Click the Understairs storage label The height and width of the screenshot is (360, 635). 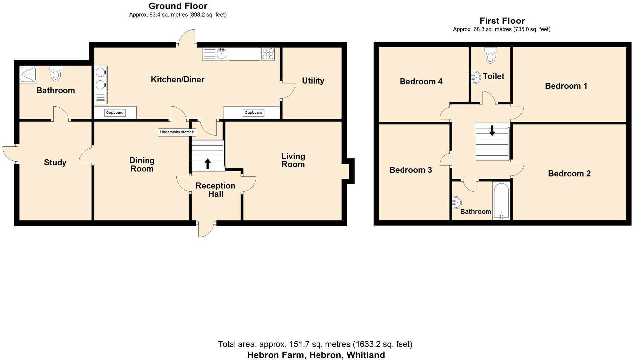[177, 132]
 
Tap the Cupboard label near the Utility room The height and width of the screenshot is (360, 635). [253, 112]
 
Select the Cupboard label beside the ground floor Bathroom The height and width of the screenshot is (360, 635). [115, 112]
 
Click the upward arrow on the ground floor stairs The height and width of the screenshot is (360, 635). [208, 163]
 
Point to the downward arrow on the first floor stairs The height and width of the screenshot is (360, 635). [492, 130]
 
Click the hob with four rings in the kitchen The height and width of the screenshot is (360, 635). [268, 54]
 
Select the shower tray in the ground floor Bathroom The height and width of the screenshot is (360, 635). [28, 74]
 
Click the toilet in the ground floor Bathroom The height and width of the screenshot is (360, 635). [56, 73]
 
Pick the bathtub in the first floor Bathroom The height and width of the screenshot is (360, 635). [501, 201]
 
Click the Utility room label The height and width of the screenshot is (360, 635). [313, 81]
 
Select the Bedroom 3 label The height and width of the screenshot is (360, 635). [410, 170]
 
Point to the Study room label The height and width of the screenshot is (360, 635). [55, 162]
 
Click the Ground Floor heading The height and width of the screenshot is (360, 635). [178, 6]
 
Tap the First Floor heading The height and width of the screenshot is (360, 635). [502, 21]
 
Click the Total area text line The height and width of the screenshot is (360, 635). [315, 344]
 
